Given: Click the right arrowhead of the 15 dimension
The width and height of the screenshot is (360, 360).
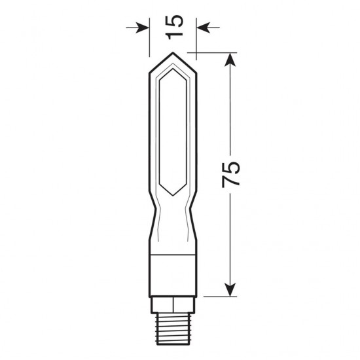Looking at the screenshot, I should pyautogui.click(x=202, y=27).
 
